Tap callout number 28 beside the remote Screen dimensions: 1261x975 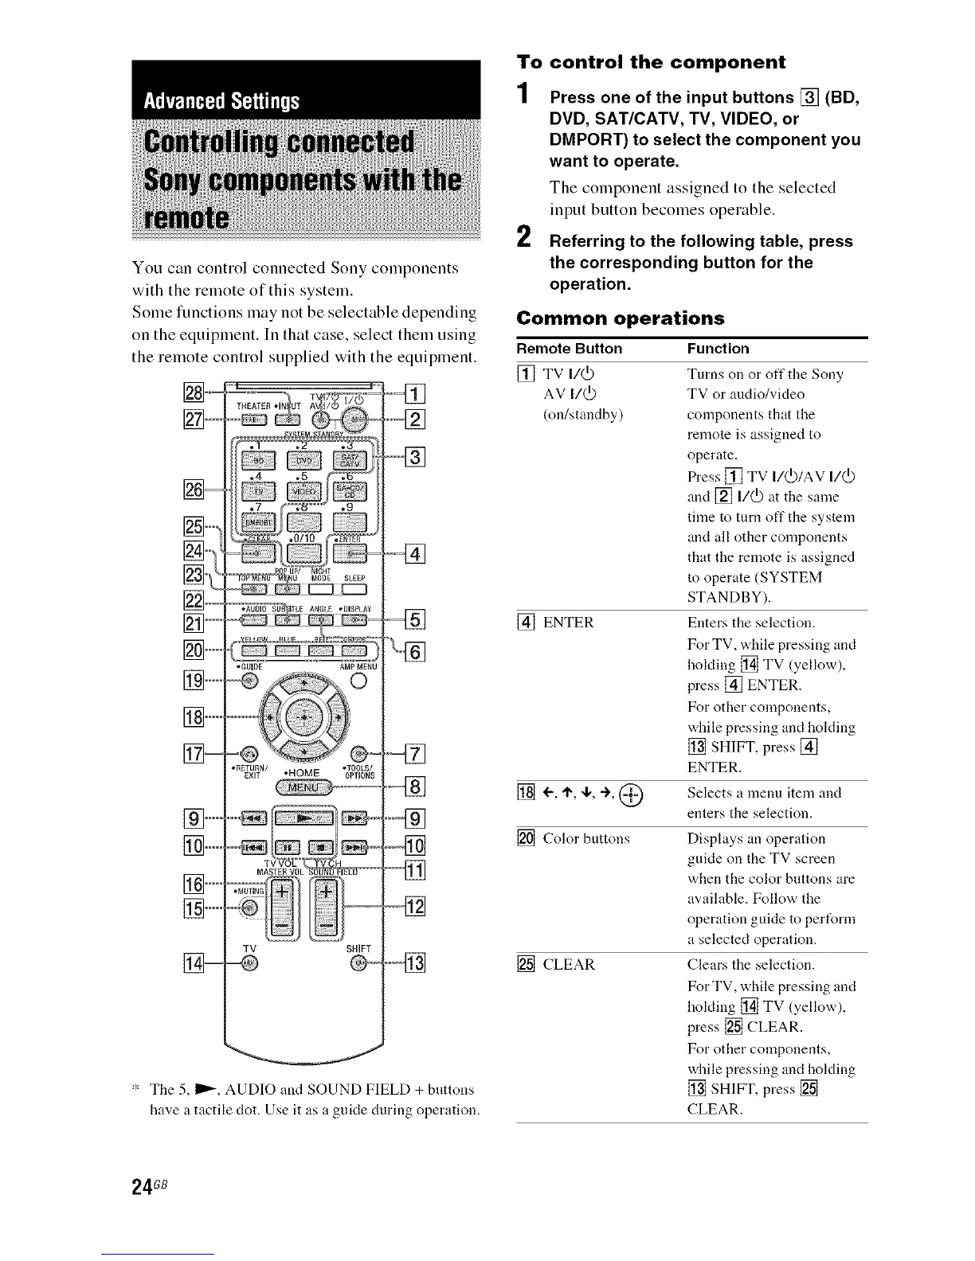pos(194,392)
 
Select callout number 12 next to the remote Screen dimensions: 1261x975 pos(416,907)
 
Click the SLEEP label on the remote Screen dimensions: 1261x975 pos(354,578)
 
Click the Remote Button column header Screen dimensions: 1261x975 pos(570,349)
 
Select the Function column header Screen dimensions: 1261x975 pos(718,349)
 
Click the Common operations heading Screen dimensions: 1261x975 pos(621,318)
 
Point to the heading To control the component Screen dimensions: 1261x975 pos(651,62)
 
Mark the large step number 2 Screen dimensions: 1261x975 pos(524,236)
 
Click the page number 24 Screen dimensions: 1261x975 pos(142,1202)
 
